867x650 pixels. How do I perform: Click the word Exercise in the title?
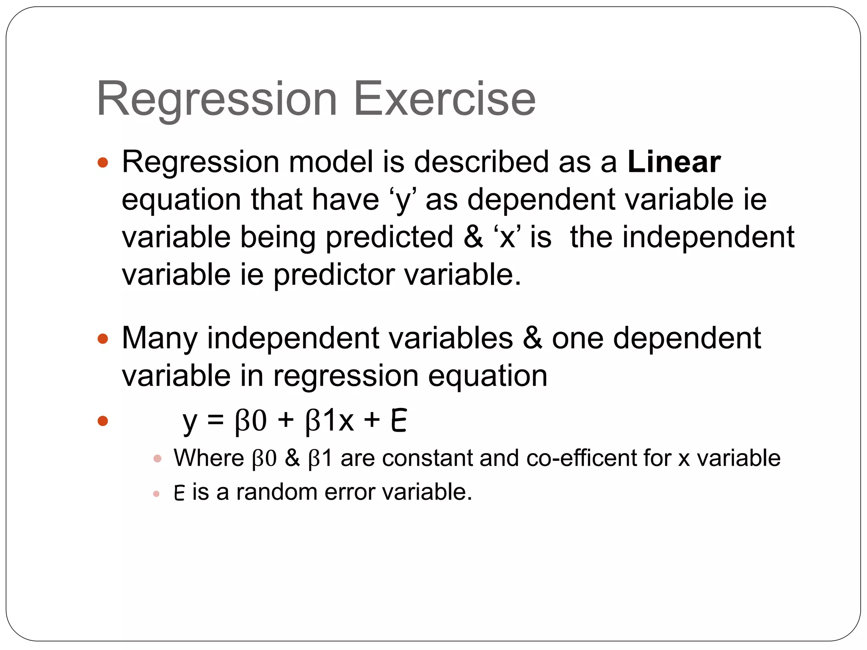444,99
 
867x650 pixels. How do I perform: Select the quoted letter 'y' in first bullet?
403,200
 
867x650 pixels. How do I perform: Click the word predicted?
389,237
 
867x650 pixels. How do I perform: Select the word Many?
160,339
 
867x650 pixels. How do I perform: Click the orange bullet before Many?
103,339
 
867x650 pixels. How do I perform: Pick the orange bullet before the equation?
103,421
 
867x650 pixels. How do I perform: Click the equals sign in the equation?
215,421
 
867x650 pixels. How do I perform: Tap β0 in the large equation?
251,421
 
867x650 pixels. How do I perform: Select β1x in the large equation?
329,421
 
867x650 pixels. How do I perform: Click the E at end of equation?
399,421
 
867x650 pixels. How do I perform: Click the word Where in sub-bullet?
209,458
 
